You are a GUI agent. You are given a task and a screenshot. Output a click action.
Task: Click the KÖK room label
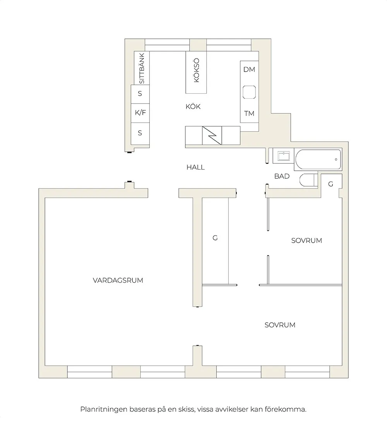pyautogui.click(x=193, y=106)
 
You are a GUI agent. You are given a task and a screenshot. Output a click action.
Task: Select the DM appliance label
pyautogui.click(x=249, y=70)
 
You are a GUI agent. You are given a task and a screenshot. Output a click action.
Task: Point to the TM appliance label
pyautogui.click(x=249, y=113)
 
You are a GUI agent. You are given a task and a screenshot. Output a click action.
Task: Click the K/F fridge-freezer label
pyautogui.click(x=140, y=113)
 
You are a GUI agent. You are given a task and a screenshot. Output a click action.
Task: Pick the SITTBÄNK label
pyautogui.click(x=142, y=69)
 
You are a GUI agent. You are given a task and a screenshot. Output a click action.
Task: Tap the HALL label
pyautogui.click(x=195, y=167)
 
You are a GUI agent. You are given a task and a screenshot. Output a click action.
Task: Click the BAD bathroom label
pyautogui.click(x=282, y=176)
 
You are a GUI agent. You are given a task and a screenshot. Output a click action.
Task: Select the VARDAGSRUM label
pyautogui.click(x=118, y=280)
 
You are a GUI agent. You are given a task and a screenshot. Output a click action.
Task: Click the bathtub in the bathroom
pyautogui.click(x=318, y=159)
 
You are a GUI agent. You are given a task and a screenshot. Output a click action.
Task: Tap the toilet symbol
pyautogui.click(x=308, y=180)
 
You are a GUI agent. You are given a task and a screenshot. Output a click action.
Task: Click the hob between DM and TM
pyautogui.click(x=249, y=92)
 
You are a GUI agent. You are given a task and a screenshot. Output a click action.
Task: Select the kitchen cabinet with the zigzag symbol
pyautogui.click(x=212, y=135)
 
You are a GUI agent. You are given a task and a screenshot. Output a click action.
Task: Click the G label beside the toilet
pyautogui.click(x=330, y=184)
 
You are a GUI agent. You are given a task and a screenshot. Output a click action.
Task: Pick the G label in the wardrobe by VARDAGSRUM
pyautogui.click(x=215, y=238)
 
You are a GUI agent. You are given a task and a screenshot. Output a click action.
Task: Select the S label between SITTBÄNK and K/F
pyautogui.click(x=140, y=93)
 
